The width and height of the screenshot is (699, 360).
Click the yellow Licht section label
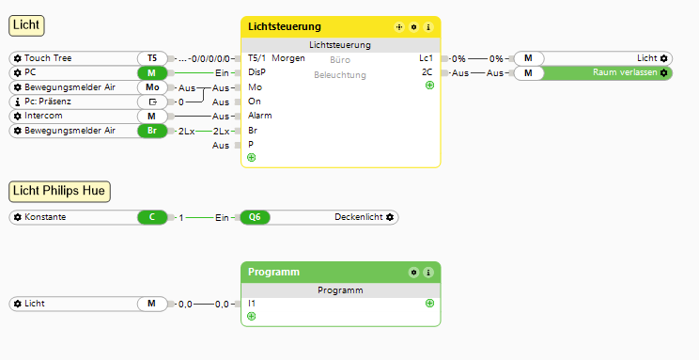coord(26,25)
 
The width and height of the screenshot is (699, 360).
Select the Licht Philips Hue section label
coord(59,192)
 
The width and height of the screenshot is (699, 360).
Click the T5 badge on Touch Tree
coord(152,58)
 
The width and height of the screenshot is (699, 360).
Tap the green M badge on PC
coord(152,72)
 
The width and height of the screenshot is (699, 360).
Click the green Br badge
coord(152,131)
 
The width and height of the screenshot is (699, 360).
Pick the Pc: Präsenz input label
coord(48,102)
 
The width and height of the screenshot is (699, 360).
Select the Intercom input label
coord(43,116)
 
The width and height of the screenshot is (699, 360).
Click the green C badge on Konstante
coord(152,217)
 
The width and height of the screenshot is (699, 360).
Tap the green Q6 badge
coord(255,217)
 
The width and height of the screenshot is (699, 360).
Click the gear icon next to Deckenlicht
coord(390,217)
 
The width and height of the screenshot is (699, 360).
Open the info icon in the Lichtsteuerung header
coord(428,27)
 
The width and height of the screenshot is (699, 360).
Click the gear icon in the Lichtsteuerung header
coord(413,27)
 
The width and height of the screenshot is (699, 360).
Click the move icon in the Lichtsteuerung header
coord(399,27)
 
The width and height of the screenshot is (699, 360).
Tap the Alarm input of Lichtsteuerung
coord(260,116)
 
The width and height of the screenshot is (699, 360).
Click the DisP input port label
coord(256,72)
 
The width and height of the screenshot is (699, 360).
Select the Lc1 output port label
coord(426,58)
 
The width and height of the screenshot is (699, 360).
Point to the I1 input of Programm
coord(252,304)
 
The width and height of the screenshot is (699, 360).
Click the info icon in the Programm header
coord(428,273)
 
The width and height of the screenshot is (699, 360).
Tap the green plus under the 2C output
coord(429,86)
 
